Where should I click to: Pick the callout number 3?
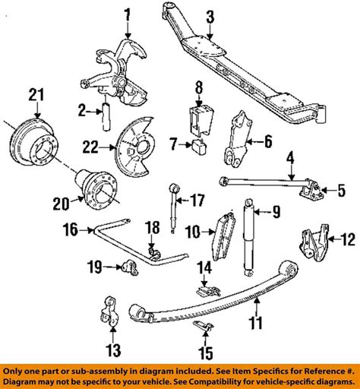coord(210,14)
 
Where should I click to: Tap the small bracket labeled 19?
coord(125,265)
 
